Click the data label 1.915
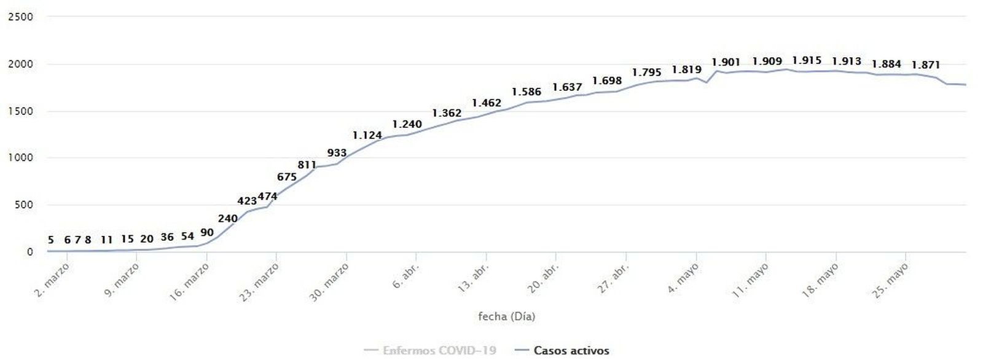[x=807, y=60]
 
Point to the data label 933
[x=337, y=153]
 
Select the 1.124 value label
[x=367, y=135]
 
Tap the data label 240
[x=228, y=218]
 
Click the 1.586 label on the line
[x=527, y=92]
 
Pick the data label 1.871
[x=926, y=65]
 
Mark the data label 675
[x=287, y=177]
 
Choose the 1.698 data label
[x=607, y=80]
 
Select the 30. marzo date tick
[x=330, y=281]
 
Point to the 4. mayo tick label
[x=684, y=278]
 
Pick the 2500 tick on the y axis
[x=20, y=17]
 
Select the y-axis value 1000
[x=20, y=158]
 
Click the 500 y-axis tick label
[x=23, y=205]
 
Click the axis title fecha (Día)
[x=506, y=316]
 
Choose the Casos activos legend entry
[x=571, y=350]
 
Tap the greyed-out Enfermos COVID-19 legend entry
[x=439, y=350]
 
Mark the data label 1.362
[x=447, y=113]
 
